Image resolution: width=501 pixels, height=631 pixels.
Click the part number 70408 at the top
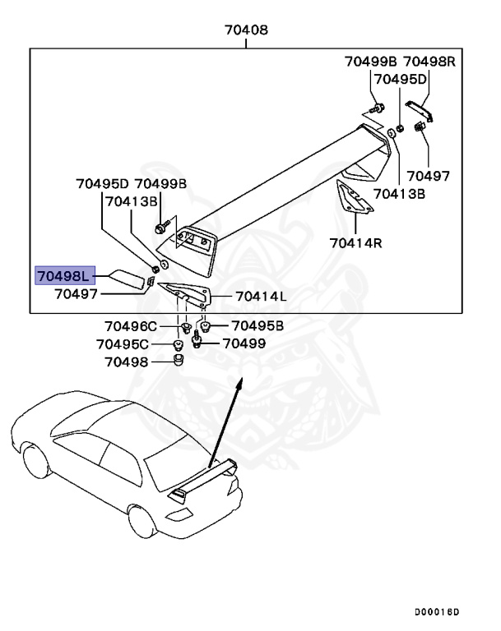(246, 30)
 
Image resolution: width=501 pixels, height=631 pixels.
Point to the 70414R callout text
(355, 242)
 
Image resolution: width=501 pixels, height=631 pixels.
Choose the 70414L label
(261, 297)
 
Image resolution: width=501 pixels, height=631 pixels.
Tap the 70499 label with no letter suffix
(244, 343)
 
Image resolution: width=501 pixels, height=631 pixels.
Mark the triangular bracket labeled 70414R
(355, 201)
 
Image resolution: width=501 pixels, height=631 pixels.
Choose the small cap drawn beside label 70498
(178, 362)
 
